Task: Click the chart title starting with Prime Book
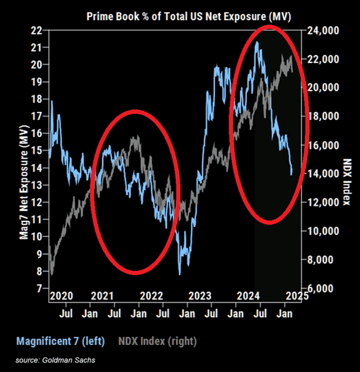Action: click(x=189, y=16)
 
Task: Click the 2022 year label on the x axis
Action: click(x=152, y=296)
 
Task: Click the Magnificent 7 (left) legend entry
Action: click(x=60, y=341)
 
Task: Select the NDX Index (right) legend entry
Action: click(x=157, y=341)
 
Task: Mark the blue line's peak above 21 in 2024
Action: click(x=257, y=42)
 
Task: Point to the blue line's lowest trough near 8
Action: click(x=180, y=274)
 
